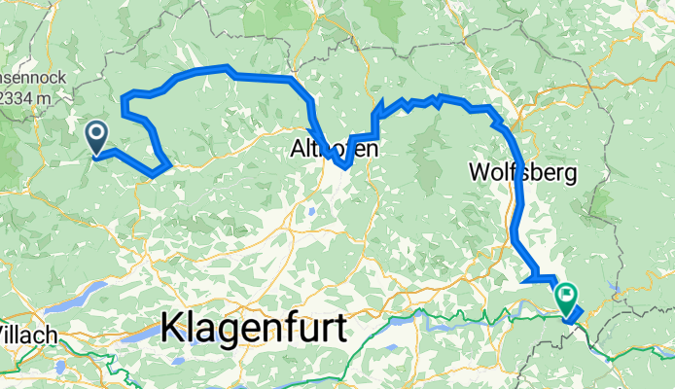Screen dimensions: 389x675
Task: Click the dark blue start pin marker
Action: click(x=97, y=137)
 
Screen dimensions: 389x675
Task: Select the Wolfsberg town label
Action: click(x=522, y=173)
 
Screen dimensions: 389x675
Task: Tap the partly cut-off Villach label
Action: click(x=27, y=334)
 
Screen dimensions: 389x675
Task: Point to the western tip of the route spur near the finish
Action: click(x=523, y=281)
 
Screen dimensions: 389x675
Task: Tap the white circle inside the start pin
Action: click(x=97, y=132)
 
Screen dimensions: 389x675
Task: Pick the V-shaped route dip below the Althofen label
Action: click(x=345, y=166)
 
